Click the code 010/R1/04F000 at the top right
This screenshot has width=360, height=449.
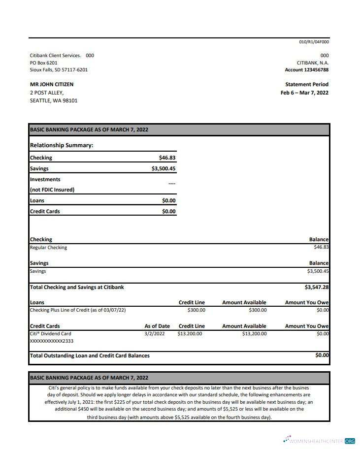click(x=314, y=42)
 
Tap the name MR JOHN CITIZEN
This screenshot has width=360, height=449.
click(x=52, y=84)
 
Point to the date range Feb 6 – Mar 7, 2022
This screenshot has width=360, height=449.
click(x=304, y=93)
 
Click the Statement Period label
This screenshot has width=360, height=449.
click(x=307, y=84)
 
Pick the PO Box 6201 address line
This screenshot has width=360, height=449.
click(x=43, y=63)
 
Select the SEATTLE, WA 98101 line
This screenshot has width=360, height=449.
click(x=54, y=100)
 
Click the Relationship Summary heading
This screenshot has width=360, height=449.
click(x=62, y=145)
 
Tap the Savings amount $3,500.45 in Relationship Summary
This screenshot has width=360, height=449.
click(x=163, y=168)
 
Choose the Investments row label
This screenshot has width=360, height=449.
click(x=45, y=179)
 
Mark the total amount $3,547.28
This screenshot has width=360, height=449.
click(x=317, y=287)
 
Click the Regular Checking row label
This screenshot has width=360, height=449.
click(x=48, y=248)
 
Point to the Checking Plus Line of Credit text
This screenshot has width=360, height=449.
click(x=78, y=310)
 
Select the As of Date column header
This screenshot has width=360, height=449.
click(x=157, y=326)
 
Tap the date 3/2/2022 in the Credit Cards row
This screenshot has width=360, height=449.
click(x=155, y=334)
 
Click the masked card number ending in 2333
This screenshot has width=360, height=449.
click(x=52, y=341)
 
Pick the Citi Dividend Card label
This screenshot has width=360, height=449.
click(x=50, y=334)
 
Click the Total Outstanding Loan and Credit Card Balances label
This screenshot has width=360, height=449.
click(x=90, y=355)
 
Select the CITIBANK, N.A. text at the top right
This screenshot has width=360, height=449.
click(x=313, y=63)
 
